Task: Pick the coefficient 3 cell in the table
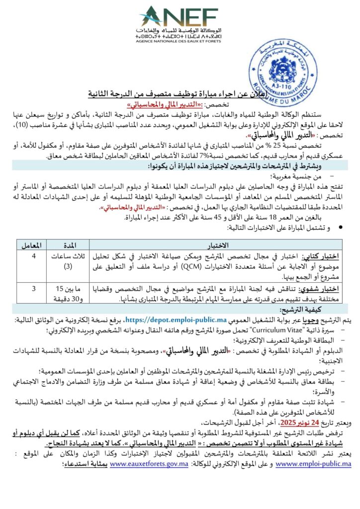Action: [33, 288]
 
